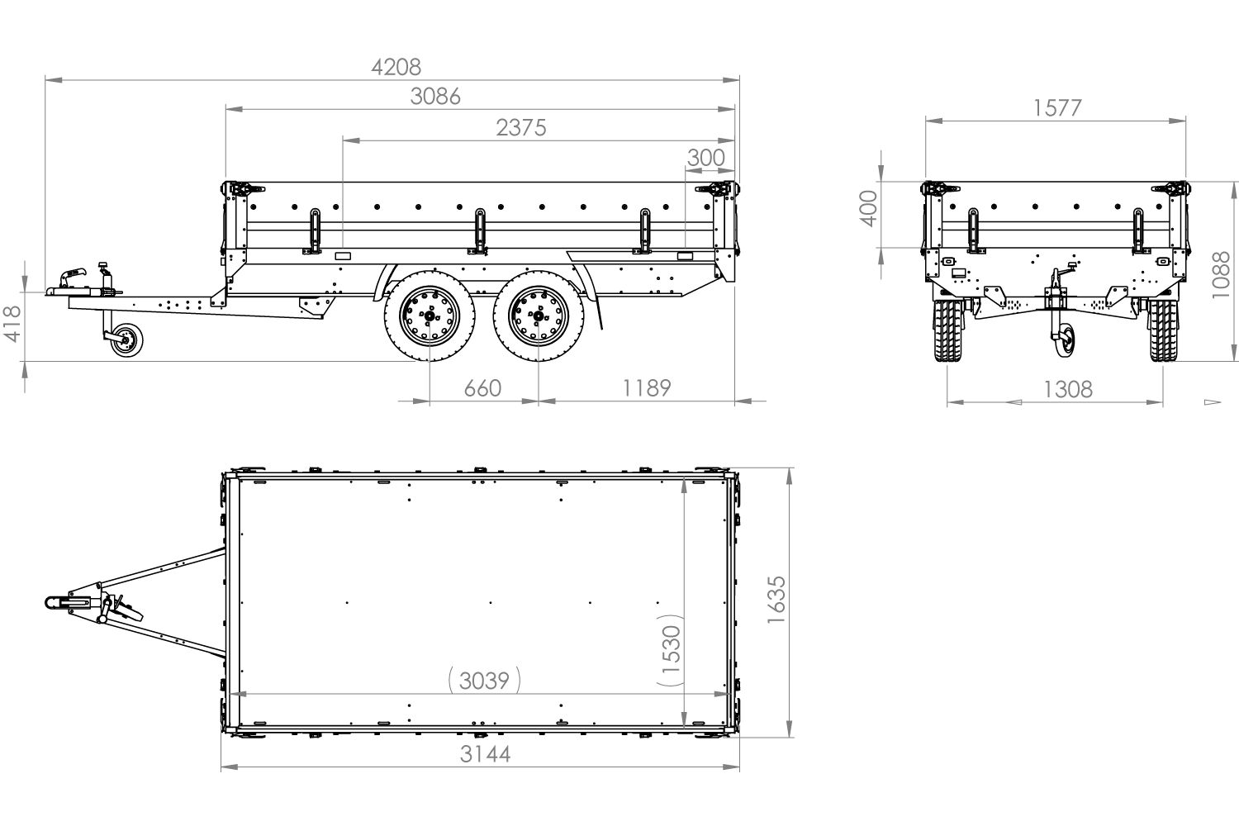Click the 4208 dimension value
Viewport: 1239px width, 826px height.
click(x=396, y=67)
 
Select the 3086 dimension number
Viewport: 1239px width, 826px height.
click(x=435, y=97)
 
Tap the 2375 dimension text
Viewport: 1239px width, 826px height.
click(x=521, y=128)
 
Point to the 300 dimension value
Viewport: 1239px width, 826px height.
click(x=706, y=157)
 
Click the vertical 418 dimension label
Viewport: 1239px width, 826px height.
click(x=12, y=324)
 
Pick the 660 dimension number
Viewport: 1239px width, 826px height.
click(x=482, y=387)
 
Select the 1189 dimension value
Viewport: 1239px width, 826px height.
click(x=646, y=387)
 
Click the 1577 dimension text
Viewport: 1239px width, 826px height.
click(x=1056, y=108)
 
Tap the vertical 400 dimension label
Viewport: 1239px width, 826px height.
click(x=868, y=208)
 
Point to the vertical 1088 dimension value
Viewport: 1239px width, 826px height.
click(x=1222, y=275)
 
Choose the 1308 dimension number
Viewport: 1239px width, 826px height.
click(x=1068, y=389)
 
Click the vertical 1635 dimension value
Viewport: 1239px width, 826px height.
click(x=776, y=600)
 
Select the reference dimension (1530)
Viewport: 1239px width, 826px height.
click(x=671, y=651)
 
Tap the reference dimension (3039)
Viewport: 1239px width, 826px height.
click(x=484, y=681)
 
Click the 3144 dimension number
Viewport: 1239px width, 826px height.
click(x=485, y=754)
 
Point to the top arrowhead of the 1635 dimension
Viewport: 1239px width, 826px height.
click(x=790, y=476)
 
